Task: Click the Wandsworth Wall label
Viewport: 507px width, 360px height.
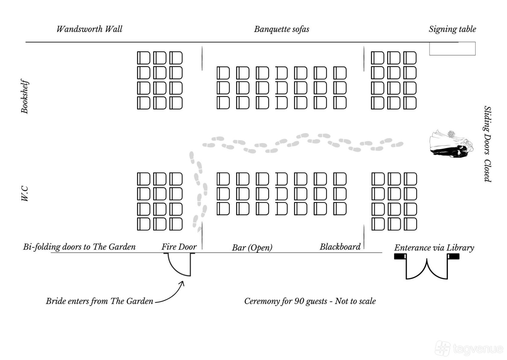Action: (89, 29)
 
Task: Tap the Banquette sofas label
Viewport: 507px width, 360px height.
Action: (282, 29)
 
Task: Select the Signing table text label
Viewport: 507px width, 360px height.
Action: (452, 29)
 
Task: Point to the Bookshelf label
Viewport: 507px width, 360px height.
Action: (25, 96)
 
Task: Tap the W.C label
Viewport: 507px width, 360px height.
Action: (25, 194)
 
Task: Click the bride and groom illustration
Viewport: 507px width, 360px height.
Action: (451, 144)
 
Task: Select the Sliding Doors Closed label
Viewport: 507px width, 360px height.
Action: (487, 144)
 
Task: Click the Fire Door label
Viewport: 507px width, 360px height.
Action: (179, 247)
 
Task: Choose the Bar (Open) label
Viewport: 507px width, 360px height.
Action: (252, 248)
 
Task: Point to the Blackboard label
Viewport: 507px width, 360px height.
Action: (340, 247)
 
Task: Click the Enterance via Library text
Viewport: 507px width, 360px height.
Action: (434, 248)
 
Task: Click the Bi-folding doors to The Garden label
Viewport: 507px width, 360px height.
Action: (79, 247)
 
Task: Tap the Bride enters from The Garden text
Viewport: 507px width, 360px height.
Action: (100, 301)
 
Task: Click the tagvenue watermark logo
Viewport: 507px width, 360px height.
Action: (469, 348)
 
